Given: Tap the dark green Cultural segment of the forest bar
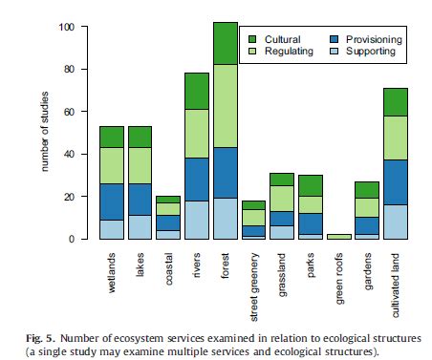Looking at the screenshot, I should [225, 43].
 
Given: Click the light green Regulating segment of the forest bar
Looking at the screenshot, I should [225, 106].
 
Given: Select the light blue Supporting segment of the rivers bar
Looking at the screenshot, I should [197, 220].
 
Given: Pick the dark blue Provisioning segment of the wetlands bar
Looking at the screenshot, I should [112, 201].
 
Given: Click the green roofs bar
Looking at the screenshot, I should [336, 236].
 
